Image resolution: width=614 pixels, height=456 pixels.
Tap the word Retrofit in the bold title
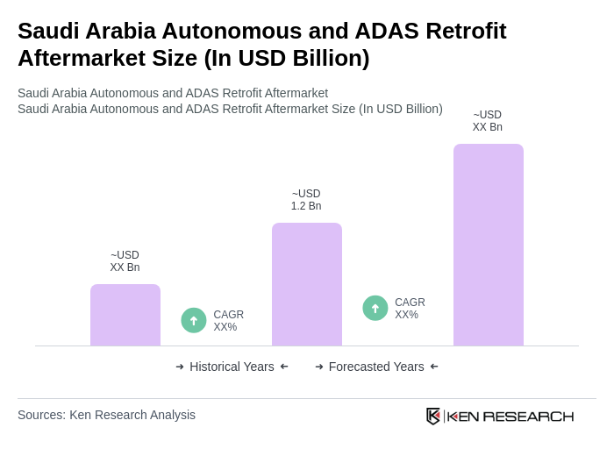pyautogui.click(x=466, y=31)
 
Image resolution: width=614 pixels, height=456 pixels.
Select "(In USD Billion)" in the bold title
pyautogui.click(x=286, y=58)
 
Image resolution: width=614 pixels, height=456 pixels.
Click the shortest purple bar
pyautogui.click(x=125, y=315)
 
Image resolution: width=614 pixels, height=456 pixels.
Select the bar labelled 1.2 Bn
pyautogui.click(x=306, y=284)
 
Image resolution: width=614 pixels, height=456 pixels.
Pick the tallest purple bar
pyautogui.click(x=488, y=245)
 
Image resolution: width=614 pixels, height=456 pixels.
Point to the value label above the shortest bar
pyautogui.click(x=125, y=261)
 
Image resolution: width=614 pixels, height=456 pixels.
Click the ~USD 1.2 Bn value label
pyautogui.click(x=306, y=200)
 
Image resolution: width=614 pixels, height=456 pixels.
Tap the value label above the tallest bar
pyautogui.click(x=488, y=121)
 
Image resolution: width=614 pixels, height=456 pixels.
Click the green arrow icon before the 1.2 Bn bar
pyautogui.click(x=194, y=320)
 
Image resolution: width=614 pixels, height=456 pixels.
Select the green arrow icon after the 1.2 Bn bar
pyautogui.click(x=375, y=308)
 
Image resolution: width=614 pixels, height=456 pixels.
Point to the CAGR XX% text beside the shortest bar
pyautogui.click(x=228, y=321)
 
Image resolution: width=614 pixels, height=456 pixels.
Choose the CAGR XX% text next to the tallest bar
pyautogui.click(x=410, y=309)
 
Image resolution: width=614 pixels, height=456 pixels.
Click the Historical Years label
pyautogui.click(x=232, y=367)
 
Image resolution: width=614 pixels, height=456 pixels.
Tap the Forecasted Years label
pyautogui.click(x=376, y=367)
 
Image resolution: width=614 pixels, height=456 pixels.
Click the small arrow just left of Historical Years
pyautogui.click(x=180, y=367)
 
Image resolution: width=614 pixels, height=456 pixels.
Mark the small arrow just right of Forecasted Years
pyautogui.click(x=434, y=367)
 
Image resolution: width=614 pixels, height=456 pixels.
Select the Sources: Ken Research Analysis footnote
pyautogui.click(x=106, y=415)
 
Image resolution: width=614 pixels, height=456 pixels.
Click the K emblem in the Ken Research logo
pyautogui.click(x=433, y=416)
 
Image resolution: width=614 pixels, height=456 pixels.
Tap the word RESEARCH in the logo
pyautogui.click(x=528, y=416)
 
